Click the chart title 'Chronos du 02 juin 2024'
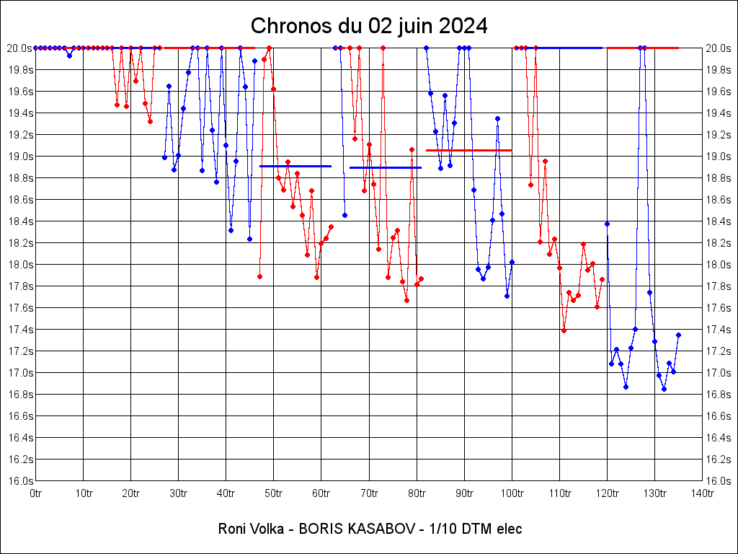(x=369, y=26)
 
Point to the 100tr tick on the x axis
(x=512, y=493)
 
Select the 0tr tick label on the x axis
(x=36, y=493)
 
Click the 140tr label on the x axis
(x=703, y=493)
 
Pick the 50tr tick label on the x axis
(x=274, y=493)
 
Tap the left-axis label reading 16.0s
(x=19, y=480)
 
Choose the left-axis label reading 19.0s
(x=19, y=156)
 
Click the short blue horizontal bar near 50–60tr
(x=295, y=166)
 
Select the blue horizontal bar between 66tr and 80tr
(x=386, y=167)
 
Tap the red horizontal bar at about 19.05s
(x=468, y=150)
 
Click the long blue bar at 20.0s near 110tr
(x=569, y=48)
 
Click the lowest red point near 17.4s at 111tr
(x=564, y=330)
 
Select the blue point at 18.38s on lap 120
(x=607, y=224)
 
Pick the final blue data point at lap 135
(x=678, y=335)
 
